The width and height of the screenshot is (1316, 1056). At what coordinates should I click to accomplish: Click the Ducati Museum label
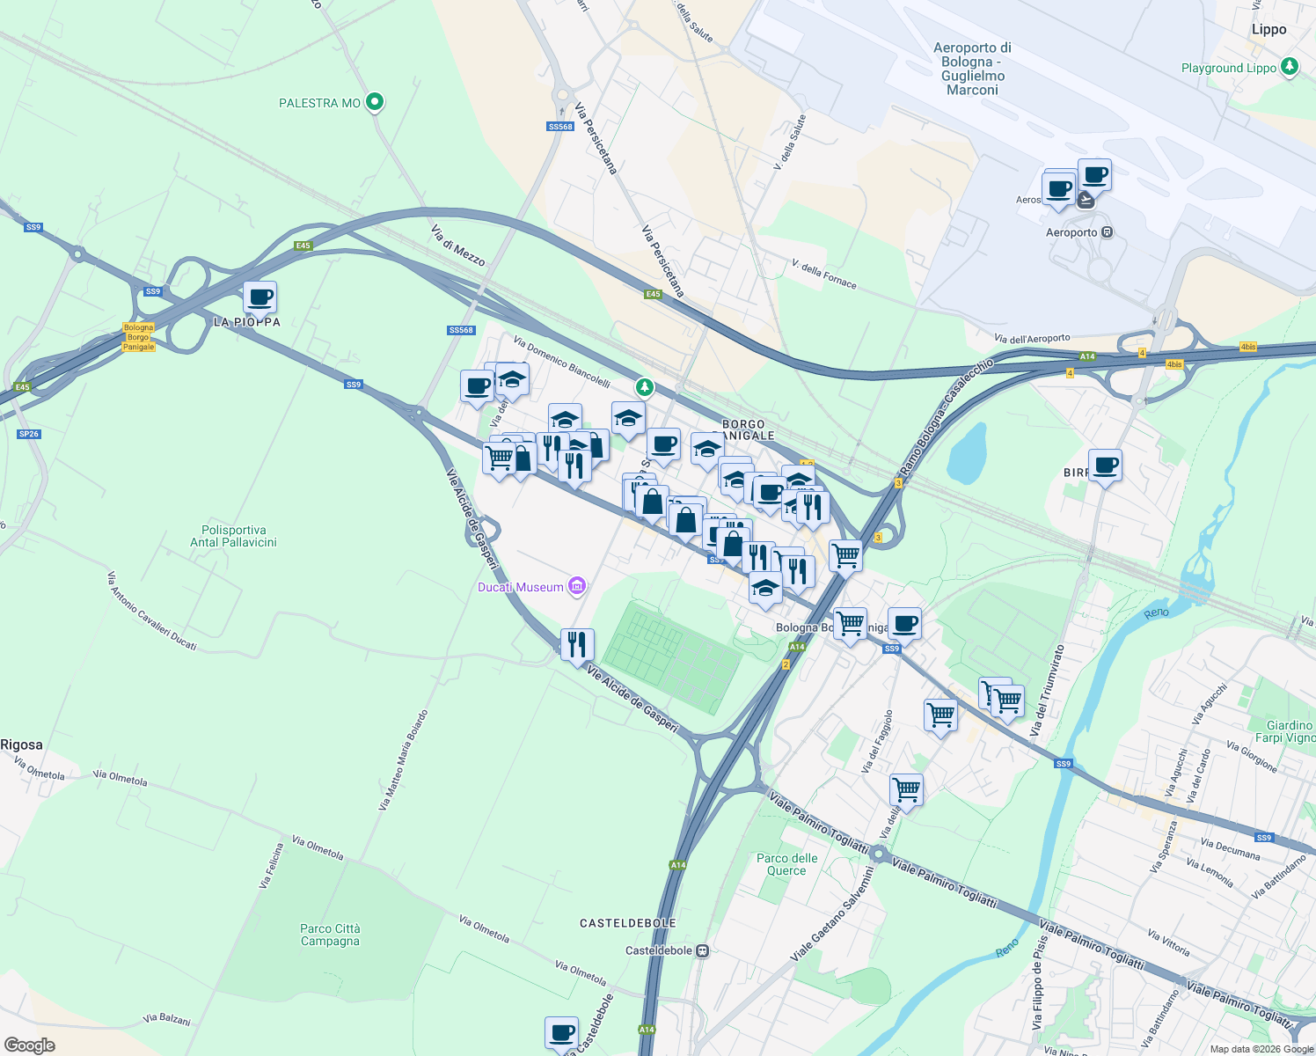[520, 587]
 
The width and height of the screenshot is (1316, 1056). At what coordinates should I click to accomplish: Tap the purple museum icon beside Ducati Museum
[577, 586]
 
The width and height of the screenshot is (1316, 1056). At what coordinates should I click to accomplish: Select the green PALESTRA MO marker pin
[375, 102]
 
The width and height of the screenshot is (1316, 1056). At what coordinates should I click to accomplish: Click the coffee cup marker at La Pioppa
[260, 298]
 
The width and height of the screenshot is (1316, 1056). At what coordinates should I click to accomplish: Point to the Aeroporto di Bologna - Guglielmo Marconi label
[972, 69]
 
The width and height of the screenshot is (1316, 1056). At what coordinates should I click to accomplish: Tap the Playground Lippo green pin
[1290, 67]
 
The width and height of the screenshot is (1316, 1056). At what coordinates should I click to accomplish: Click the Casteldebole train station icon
[702, 950]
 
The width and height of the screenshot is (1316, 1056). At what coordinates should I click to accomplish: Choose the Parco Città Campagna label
[330, 935]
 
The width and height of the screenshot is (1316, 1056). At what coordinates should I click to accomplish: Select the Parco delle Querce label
[786, 864]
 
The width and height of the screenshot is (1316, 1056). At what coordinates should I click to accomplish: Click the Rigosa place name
[21, 744]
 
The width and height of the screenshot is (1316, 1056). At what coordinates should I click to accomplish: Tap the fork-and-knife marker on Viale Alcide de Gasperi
[576, 645]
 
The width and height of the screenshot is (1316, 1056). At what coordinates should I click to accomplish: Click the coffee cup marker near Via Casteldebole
[561, 1033]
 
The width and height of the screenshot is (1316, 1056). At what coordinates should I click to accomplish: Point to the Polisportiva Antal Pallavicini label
[233, 536]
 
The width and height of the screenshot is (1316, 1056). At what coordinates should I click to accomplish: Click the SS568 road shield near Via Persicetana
[560, 127]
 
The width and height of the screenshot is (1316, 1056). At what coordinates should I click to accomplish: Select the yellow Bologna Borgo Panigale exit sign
[138, 337]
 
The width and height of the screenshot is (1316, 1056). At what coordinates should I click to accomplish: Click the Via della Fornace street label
[824, 274]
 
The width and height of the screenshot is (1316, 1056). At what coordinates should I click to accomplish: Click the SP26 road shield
[29, 434]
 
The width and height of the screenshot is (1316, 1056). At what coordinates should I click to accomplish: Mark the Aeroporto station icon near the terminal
[1107, 232]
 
